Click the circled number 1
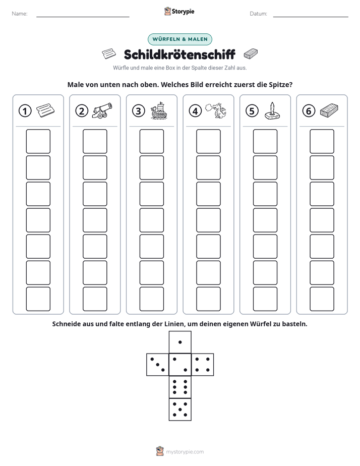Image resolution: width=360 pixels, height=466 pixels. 25,111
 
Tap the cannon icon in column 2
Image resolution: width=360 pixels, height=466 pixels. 102,110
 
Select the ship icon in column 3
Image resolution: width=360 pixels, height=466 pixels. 159,110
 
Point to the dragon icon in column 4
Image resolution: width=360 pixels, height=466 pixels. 216,110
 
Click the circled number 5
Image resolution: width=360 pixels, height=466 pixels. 252,111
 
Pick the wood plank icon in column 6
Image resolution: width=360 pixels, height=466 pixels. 329,110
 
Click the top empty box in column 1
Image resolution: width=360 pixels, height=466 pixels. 38,141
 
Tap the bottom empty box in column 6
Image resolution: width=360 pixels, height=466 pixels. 322,299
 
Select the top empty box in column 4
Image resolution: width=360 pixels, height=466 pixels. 209,141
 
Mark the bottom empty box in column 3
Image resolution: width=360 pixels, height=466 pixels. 152,299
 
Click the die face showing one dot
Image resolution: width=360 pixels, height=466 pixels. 180,342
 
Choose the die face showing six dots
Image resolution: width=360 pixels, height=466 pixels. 180,387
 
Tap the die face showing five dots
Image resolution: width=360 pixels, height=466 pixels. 180,409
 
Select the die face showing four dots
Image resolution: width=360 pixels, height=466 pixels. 203,365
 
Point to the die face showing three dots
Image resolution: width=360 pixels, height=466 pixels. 158,365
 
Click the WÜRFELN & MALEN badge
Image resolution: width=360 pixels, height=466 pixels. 180,39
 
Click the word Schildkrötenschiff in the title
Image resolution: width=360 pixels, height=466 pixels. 179,54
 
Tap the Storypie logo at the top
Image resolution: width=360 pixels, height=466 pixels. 179,12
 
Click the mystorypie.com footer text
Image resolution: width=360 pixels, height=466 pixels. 185,452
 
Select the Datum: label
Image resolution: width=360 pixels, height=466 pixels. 259,14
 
